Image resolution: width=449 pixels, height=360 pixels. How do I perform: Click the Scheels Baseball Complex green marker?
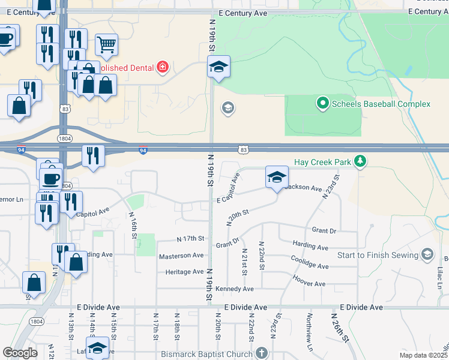click(x=322, y=104)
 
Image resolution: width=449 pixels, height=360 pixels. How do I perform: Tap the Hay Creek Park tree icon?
click(x=360, y=161)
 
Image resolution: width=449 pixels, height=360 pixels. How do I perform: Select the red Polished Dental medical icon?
click(x=161, y=67)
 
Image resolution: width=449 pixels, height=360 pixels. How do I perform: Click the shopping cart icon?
click(x=106, y=44)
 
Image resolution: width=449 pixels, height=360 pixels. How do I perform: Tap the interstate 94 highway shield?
click(x=143, y=150)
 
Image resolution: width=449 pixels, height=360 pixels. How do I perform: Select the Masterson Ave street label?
click(x=181, y=256)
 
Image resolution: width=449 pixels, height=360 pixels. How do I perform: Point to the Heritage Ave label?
click(x=184, y=272)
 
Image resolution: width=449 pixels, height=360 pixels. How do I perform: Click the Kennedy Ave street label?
click(x=234, y=289)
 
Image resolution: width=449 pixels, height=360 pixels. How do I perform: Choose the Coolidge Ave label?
click(x=310, y=263)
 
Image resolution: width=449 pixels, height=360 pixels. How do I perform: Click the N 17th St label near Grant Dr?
click(x=191, y=239)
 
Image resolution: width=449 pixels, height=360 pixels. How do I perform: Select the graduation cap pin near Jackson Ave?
click(x=276, y=177)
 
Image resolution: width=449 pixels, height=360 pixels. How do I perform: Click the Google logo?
click(x=20, y=353)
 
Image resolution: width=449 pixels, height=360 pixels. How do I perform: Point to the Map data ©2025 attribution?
click(x=423, y=355)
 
